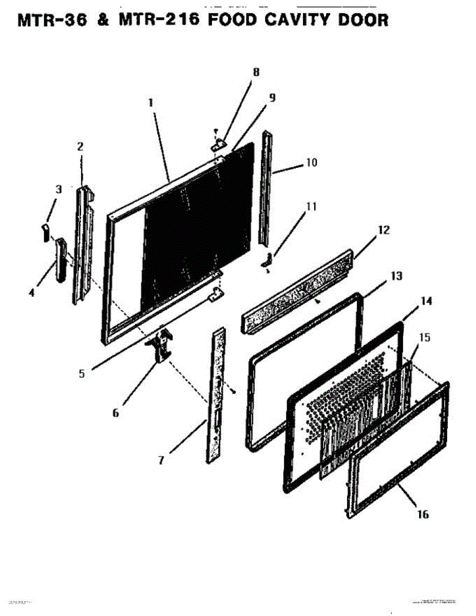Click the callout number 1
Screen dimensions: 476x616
[x=151, y=103]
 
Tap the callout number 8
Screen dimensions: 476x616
[x=256, y=72]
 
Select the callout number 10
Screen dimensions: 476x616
[x=312, y=163]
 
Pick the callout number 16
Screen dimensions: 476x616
[x=423, y=514]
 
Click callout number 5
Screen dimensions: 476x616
[x=82, y=374]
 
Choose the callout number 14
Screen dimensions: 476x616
[x=427, y=301]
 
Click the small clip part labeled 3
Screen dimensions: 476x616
[x=45, y=233]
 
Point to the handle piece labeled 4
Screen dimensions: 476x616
[x=61, y=260]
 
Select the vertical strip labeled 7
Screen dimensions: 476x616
[x=216, y=395]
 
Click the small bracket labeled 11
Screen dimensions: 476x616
[x=268, y=260]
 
